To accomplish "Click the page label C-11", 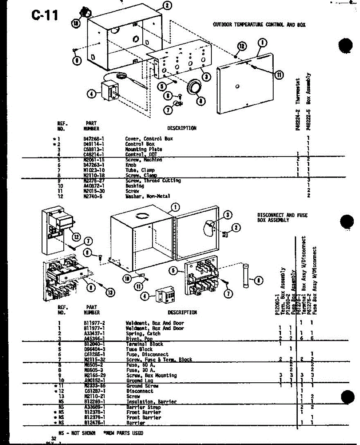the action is (45, 16).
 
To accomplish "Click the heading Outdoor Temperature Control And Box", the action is (259, 25).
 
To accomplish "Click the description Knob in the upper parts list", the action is (131, 165).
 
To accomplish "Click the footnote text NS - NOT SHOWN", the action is (77, 433).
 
